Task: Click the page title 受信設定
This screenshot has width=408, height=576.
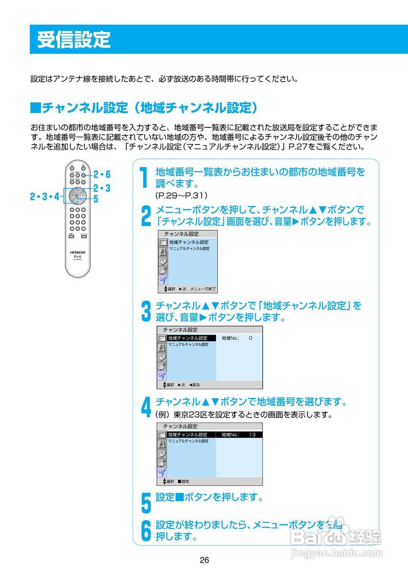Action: (x=73, y=40)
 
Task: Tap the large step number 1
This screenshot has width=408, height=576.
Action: (x=143, y=178)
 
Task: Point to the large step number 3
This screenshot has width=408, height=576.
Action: (x=146, y=312)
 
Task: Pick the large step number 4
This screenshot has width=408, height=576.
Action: (x=146, y=407)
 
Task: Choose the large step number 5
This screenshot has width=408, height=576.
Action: (x=146, y=503)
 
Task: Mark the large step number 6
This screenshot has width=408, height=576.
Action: (x=146, y=531)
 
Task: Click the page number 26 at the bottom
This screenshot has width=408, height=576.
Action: (x=204, y=560)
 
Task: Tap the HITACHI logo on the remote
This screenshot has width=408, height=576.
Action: (x=78, y=252)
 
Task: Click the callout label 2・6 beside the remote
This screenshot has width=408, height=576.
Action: (x=102, y=175)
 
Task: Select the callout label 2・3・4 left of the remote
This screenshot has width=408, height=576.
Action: (x=44, y=196)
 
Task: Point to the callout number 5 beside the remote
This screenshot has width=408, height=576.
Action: (x=96, y=198)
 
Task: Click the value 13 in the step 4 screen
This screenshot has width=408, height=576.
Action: (x=252, y=435)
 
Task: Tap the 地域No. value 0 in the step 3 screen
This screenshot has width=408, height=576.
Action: (x=250, y=338)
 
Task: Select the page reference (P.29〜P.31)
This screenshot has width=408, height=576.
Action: (x=181, y=195)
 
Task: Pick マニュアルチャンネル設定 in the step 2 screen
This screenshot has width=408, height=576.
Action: (x=189, y=248)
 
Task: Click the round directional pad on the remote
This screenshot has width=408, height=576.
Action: (x=78, y=196)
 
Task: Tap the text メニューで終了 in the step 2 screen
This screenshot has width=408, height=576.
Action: (x=203, y=289)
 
